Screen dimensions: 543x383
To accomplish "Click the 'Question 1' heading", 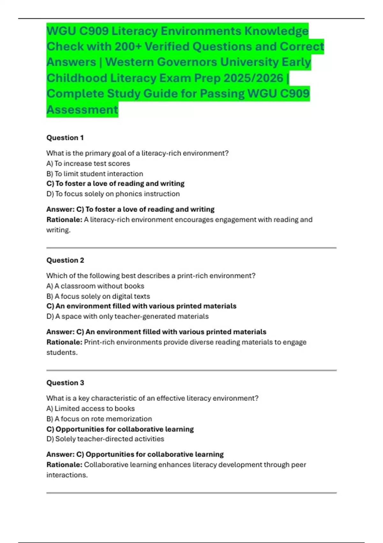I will click(x=65, y=138).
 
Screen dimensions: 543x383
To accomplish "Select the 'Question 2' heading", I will click(x=65, y=260).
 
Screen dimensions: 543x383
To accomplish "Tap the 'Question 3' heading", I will click(x=65, y=383).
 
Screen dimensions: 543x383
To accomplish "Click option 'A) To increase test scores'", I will click(x=88, y=164).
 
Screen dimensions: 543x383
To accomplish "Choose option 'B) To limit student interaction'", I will click(x=95, y=174).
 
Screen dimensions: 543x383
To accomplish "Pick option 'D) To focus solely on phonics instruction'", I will click(x=113, y=194).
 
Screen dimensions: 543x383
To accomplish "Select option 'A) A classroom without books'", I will click(x=95, y=286).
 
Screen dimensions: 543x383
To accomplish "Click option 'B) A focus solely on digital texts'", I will click(x=98, y=296).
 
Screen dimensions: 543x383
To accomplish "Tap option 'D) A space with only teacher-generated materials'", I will click(x=127, y=316).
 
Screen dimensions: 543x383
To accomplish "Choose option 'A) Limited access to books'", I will click(x=90, y=409).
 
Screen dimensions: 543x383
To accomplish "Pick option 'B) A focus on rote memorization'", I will click(x=99, y=419).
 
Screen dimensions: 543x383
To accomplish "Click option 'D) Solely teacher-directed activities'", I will click(x=105, y=439).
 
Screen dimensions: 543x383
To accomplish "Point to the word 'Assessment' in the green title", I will click(x=82, y=110).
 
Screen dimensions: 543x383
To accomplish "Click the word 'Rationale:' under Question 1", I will click(x=64, y=220).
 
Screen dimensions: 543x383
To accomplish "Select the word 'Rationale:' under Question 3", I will click(x=64, y=465).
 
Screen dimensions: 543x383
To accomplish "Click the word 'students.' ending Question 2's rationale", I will click(x=62, y=353).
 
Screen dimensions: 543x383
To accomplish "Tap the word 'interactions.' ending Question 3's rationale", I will click(x=67, y=475).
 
